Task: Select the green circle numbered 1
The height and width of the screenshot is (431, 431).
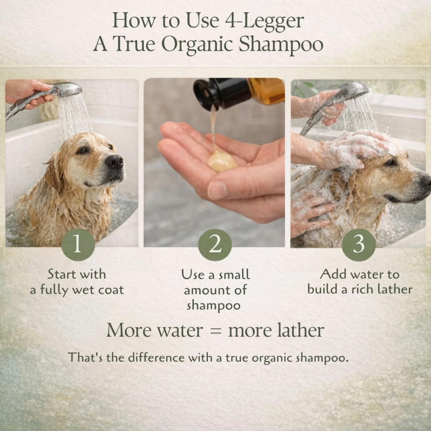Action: click(x=78, y=245)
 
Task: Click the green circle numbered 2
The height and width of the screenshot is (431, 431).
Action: click(x=215, y=245)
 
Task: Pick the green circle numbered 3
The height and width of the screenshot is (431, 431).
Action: click(x=359, y=245)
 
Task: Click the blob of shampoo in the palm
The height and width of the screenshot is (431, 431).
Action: click(x=222, y=161)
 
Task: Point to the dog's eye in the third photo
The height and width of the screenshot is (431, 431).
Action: click(x=389, y=163)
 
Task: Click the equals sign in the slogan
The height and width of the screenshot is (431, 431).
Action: click(x=216, y=331)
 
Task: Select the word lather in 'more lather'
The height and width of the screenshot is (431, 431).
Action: click(x=301, y=330)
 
